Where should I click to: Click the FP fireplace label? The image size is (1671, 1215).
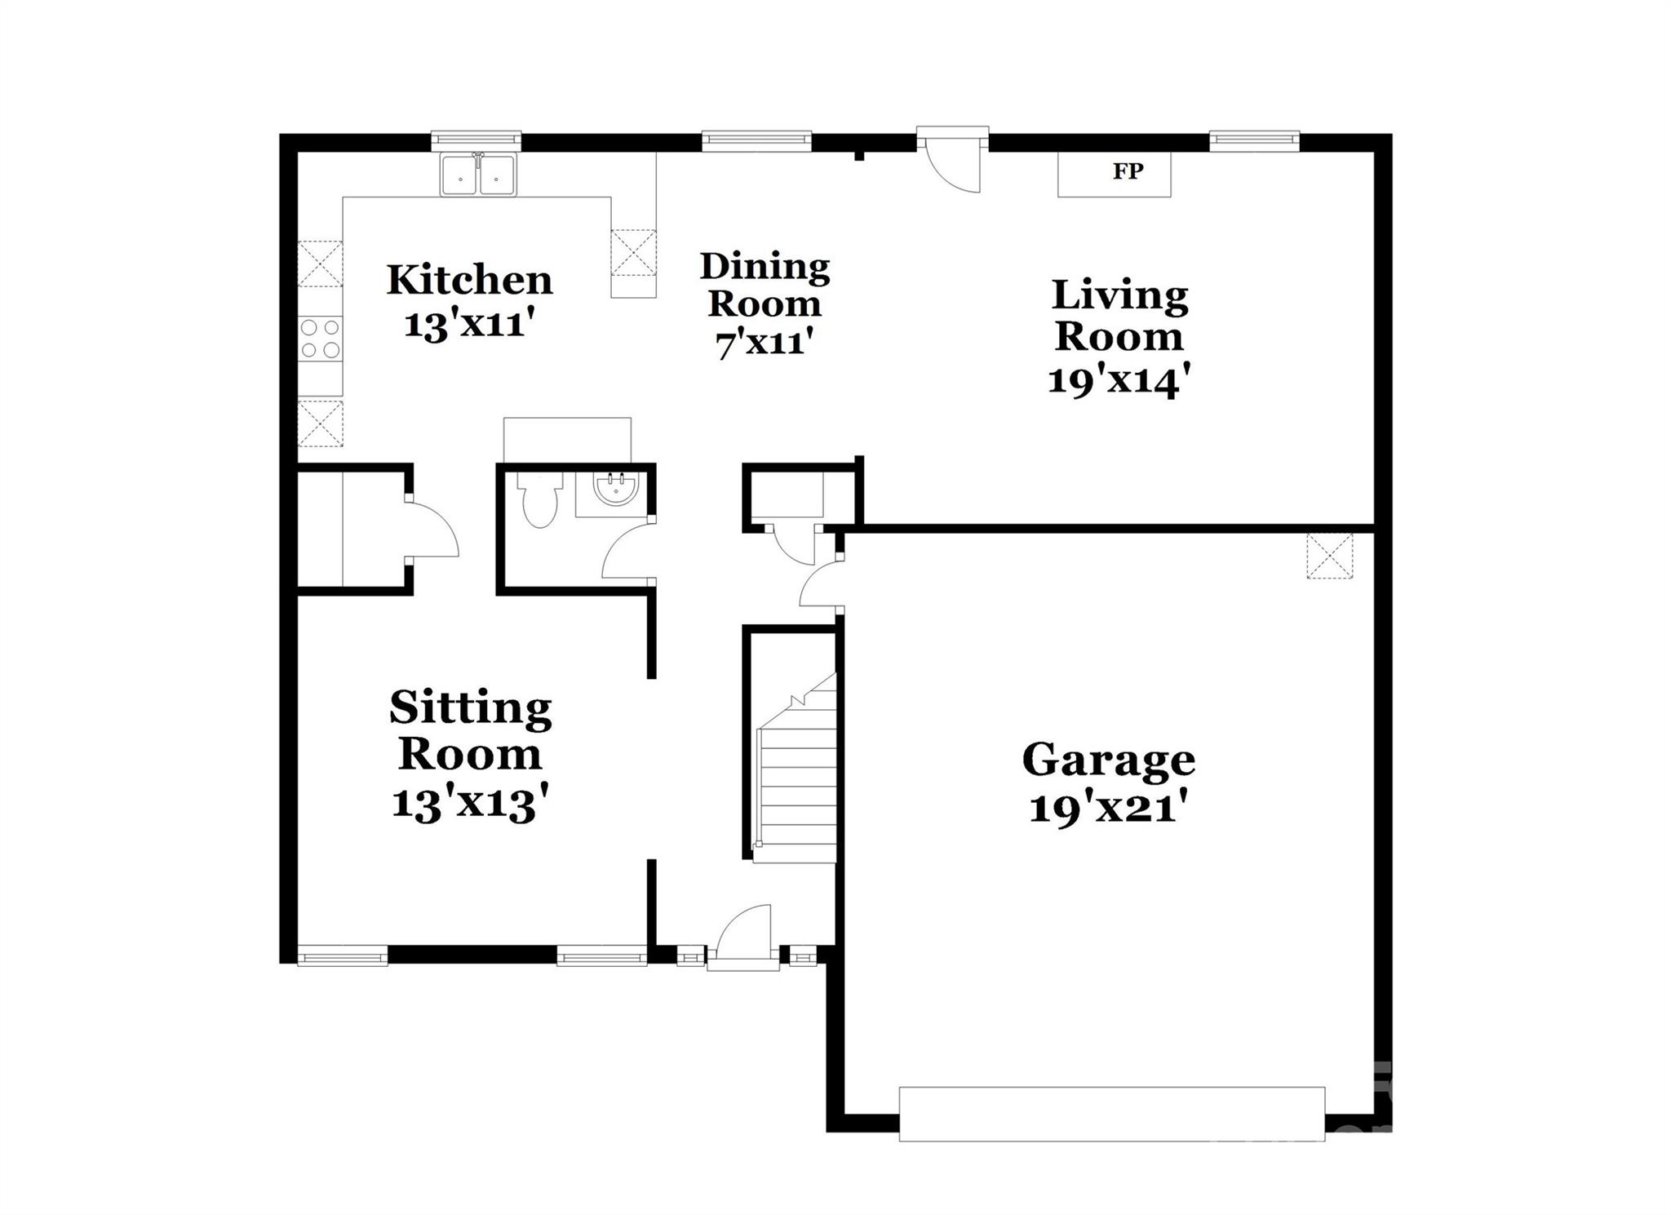[x=1128, y=171]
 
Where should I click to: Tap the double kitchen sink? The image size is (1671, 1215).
[x=478, y=175]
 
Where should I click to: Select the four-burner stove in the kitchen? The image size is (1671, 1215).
[x=320, y=339]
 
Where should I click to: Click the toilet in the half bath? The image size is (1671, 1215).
[x=539, y=501]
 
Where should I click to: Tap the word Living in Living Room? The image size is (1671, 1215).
[x=1119, y=295]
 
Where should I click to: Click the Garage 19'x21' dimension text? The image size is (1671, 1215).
[x=1106, y=809]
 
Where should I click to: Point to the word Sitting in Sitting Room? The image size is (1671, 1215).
[x=471, y=707]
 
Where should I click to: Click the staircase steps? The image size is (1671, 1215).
[x=796, y=783]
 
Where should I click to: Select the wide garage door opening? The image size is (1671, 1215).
[x=1111, y=1113]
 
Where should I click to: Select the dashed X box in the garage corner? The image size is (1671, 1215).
[x=1329, y=556]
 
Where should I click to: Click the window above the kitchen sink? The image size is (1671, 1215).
[x=476, y=140]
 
